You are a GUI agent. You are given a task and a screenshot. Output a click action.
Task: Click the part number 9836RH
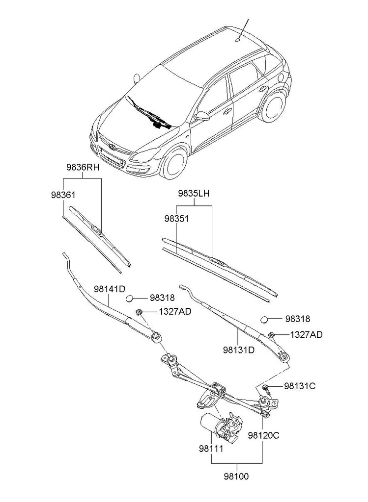[83, 168]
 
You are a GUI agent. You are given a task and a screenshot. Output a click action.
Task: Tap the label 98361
[62, 195]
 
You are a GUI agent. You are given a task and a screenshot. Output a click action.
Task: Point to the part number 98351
[176, 218]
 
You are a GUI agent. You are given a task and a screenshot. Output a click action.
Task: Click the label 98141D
[110, 289]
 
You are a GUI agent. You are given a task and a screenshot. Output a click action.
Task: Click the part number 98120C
[263, 434]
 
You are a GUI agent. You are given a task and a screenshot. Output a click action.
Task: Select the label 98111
[211, 448]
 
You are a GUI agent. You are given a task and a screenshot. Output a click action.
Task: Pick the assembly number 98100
[237, 476]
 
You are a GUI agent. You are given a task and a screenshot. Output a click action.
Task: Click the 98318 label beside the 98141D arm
[162, 298]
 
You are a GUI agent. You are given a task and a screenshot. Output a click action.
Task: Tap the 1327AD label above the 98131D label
[306, 335]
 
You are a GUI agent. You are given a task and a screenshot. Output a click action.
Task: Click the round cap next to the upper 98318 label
[130, 298]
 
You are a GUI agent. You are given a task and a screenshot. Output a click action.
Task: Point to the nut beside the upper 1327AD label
[139, 312]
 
